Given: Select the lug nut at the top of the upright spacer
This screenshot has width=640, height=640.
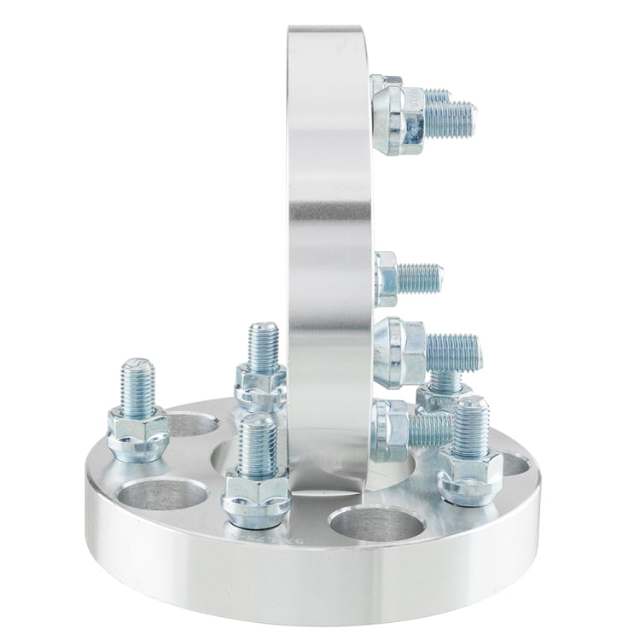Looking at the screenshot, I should (x=394, y=111).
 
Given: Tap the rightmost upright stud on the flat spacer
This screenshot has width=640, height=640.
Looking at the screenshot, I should (x=469, y=427).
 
